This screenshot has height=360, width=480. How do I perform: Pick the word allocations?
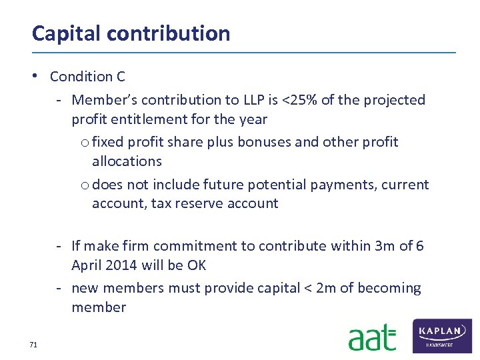pos(127,161)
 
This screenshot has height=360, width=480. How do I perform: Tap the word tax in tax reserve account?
pos(162,204)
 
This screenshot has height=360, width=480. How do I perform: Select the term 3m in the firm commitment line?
pos(385,246)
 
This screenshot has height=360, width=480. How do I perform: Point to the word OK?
pos(197,265)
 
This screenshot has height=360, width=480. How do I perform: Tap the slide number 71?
pos(33,345)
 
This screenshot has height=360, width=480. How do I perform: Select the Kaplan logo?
pos(442,335)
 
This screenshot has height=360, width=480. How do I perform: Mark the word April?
pos(87,265)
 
